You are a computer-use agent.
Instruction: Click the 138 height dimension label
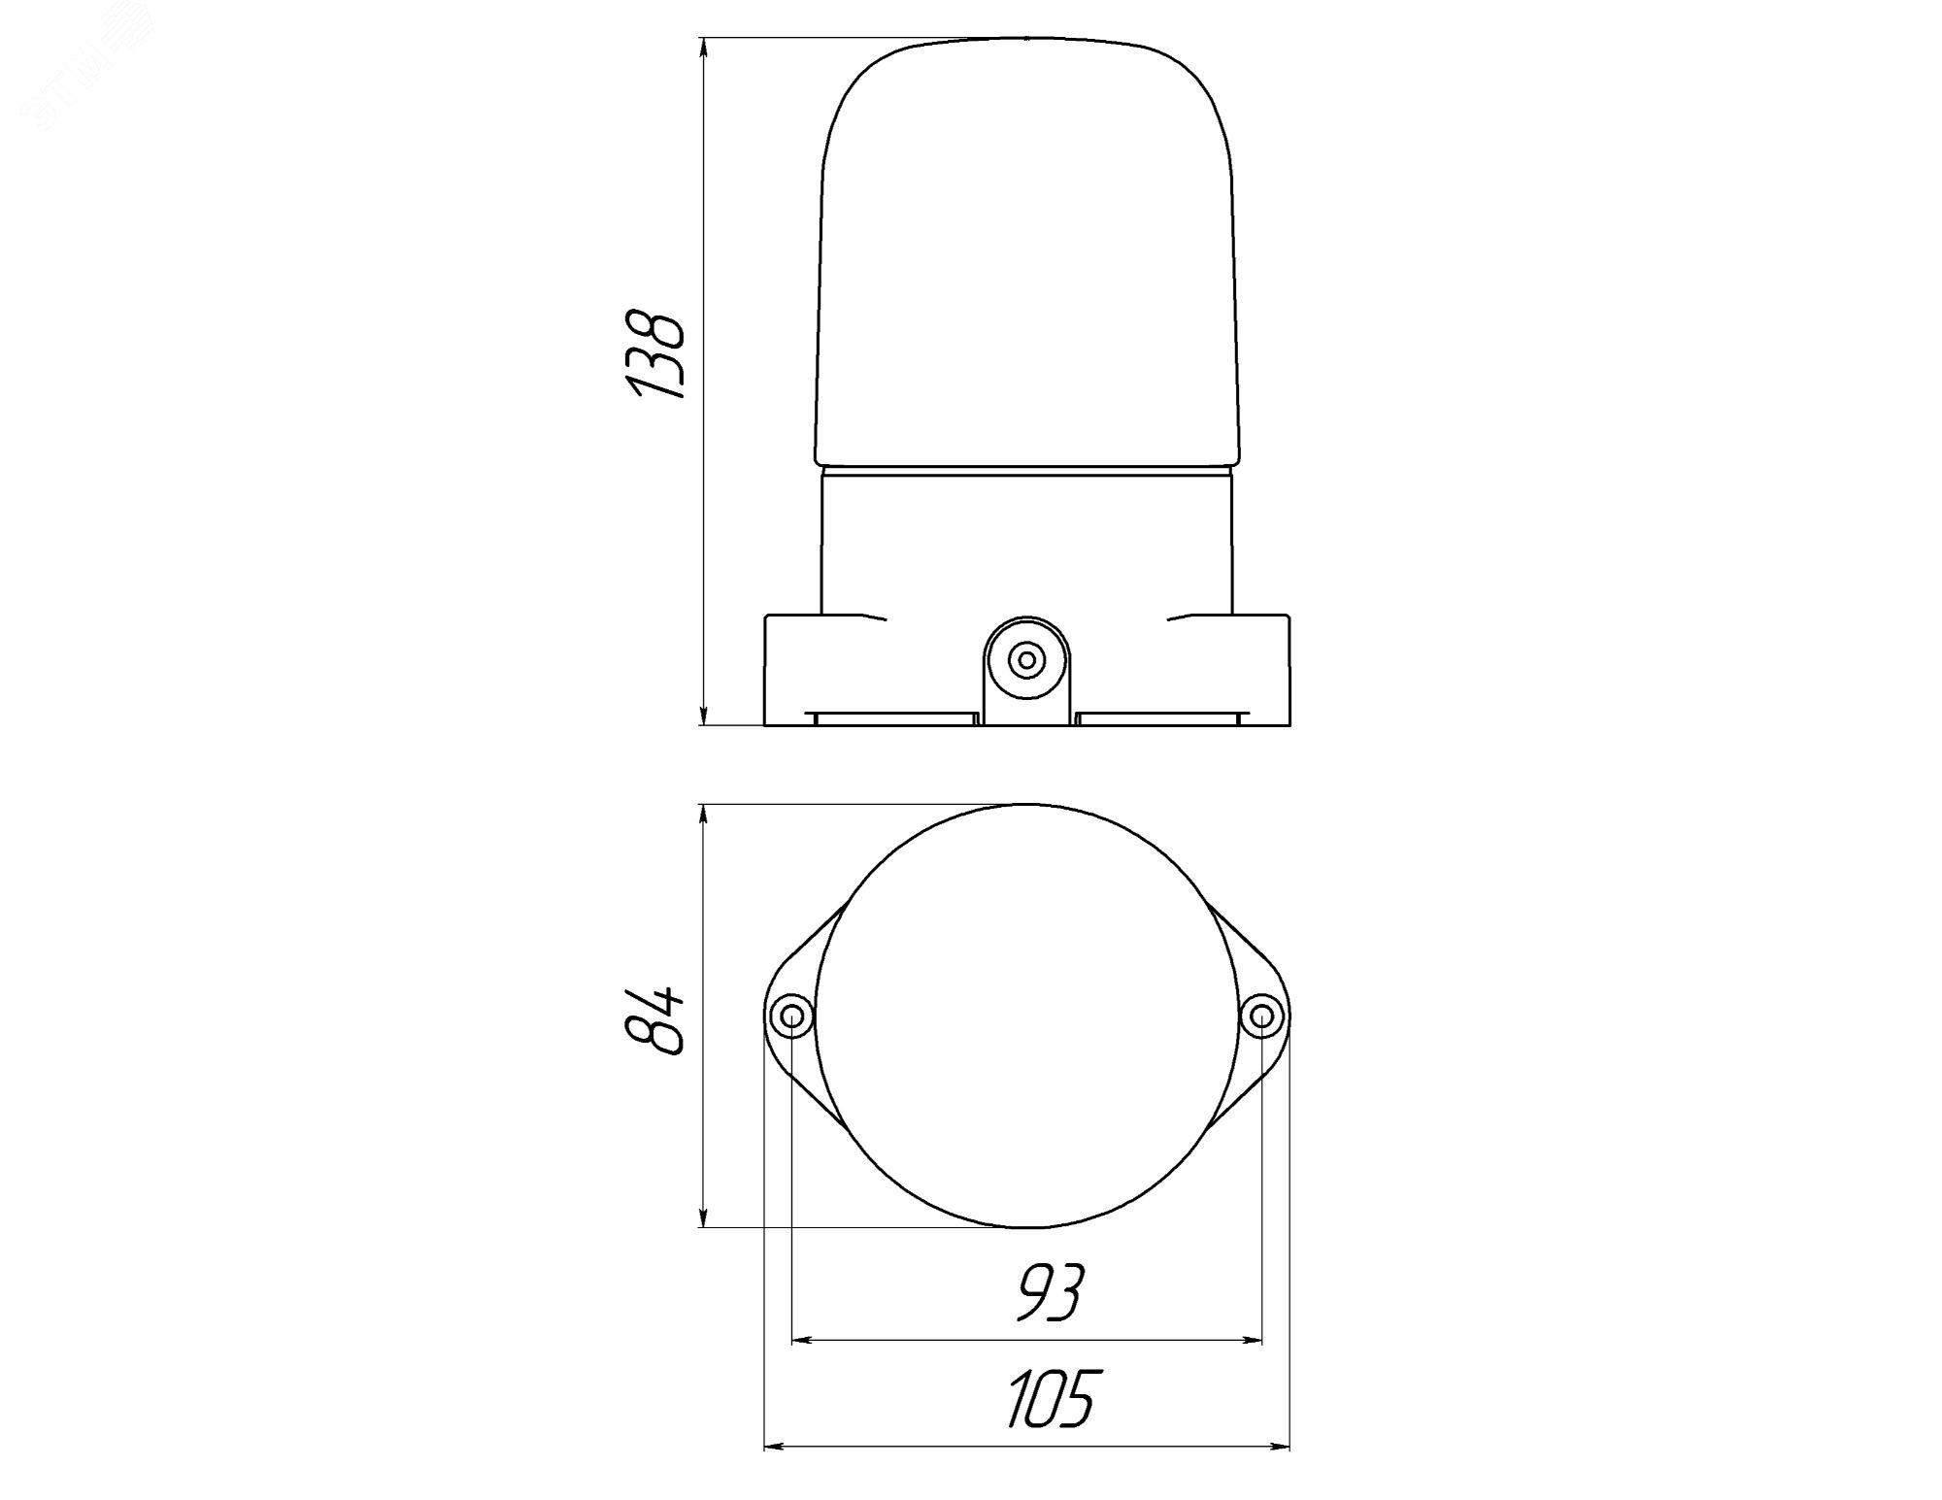657,354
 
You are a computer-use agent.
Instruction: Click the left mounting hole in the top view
791,1017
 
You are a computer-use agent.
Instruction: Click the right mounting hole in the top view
1261,1017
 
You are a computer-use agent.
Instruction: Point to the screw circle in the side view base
1025,661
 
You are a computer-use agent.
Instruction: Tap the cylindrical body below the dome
1026,541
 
